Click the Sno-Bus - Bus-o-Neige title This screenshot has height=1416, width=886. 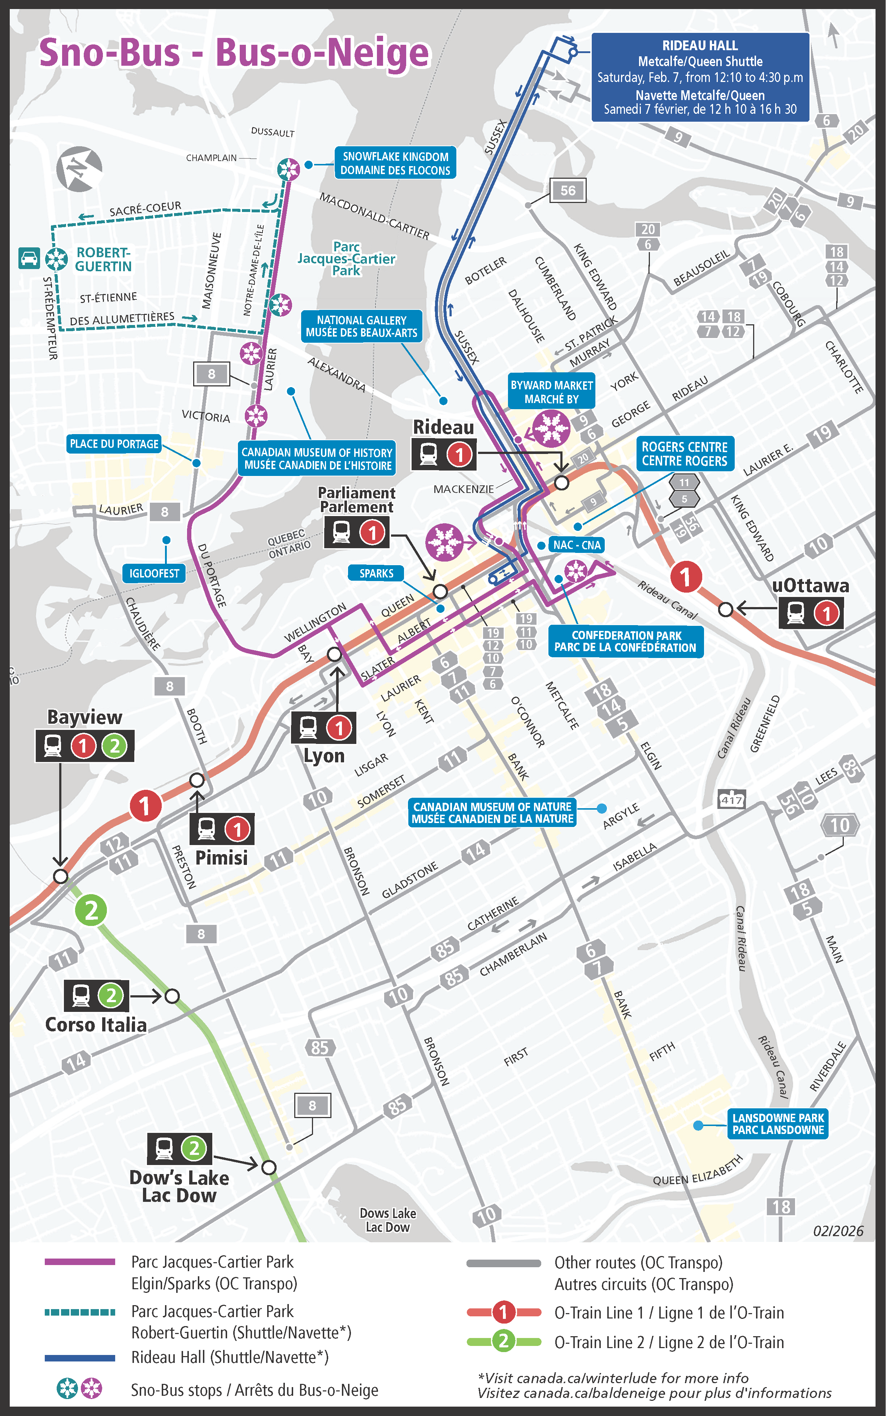234,53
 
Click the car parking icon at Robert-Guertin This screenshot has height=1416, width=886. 29,258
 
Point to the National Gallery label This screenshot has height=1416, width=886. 361,326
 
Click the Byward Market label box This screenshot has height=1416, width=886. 551,391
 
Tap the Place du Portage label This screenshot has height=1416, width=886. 114,444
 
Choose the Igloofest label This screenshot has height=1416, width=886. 154,573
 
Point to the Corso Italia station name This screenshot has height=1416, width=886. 96,1024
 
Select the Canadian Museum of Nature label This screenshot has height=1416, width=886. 492,812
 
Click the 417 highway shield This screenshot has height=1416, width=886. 731,800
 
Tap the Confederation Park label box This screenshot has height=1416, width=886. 625,641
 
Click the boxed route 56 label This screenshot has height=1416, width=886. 567,190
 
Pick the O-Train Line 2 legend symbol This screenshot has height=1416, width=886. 503,1341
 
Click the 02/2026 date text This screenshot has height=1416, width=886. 838,1231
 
